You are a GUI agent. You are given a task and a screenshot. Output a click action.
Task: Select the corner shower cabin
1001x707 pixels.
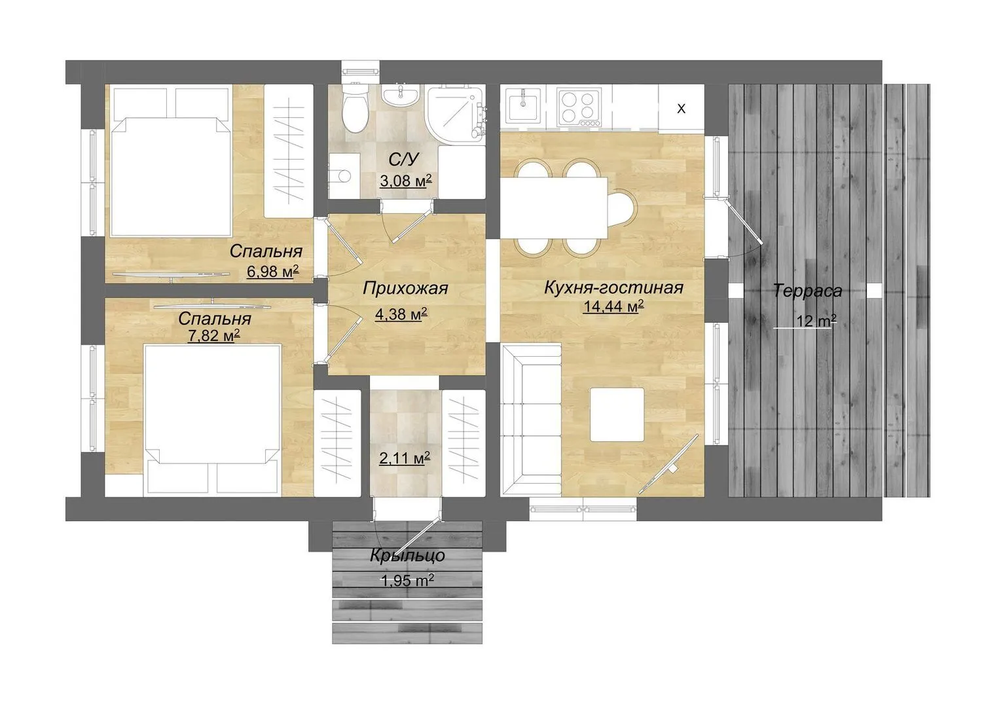(456, 114)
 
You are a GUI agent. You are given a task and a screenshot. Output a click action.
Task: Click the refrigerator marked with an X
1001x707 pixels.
(681, 108)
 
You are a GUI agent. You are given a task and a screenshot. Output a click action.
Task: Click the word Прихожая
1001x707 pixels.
(405, 288)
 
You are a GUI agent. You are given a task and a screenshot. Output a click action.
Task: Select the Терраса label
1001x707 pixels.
(807, 291)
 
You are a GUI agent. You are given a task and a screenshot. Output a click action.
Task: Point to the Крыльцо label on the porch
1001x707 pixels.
(407, 556)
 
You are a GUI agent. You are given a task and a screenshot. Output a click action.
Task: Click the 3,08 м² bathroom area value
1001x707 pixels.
(406, 181)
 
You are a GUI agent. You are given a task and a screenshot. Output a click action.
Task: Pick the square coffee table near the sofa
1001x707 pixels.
(617, 415)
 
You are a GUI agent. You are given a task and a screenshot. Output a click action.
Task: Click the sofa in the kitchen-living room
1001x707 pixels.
(531, 420)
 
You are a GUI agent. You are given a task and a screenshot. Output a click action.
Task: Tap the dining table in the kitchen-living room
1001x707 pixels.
(554, 208)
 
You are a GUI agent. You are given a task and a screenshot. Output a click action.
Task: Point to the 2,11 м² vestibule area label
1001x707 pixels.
(405, 458)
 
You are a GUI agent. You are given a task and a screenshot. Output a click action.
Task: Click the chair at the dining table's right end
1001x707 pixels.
(621, 208)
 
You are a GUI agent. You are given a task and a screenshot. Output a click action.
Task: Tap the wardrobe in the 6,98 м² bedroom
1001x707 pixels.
(288, 151)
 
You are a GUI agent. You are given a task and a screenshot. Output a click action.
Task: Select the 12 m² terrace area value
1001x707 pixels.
(816, 321)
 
